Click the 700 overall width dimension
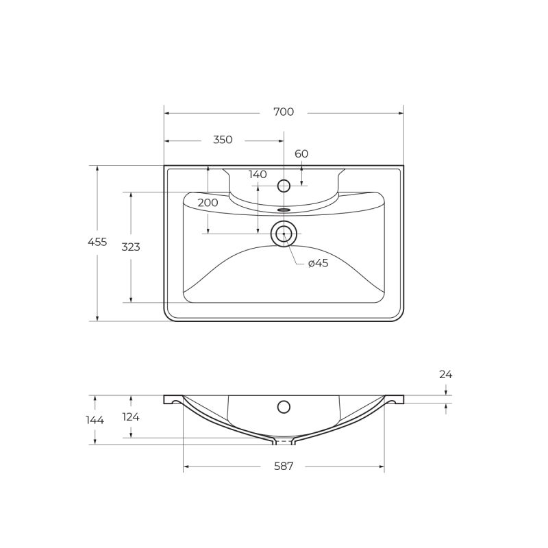coord(284,112)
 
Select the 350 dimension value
coord(223,140)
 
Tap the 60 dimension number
coord(301,153)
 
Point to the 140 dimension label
coord(258,175)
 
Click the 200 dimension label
coord(208,203)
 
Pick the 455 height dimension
coord(97,242)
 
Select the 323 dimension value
coord(131,247)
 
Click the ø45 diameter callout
coord(318,263)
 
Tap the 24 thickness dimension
coord(446,375)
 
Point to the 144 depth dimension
coord(95,420)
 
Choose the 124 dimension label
coord(130,416)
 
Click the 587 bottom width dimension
coord(284,466)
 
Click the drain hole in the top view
coord(284,234)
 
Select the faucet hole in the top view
coord(284,186)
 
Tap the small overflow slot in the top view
coord(284,210)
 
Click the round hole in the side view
coord(284,407)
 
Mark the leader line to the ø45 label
coord(292,252)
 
